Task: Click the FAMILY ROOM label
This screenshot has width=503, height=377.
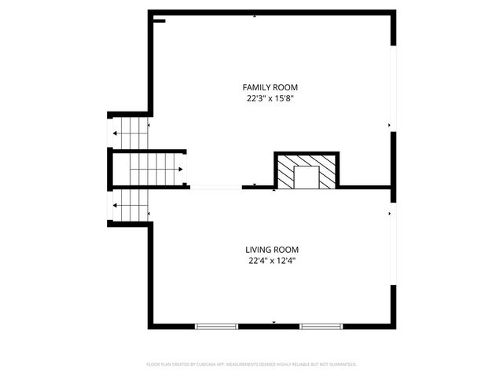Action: pos(270,87)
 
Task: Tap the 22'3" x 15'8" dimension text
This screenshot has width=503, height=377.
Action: pos(270,98)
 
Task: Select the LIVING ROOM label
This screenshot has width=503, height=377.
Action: pos(271,250)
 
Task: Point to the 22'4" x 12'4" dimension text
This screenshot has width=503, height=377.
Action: pos(271,261)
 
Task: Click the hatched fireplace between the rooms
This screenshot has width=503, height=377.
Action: pos(306,170)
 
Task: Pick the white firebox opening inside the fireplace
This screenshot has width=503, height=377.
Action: pos(307,178)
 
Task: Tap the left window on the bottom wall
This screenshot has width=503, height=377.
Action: pos(216,326)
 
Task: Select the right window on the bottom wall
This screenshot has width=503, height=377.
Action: pos(321,326)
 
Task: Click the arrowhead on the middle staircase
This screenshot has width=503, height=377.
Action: pos(181,169)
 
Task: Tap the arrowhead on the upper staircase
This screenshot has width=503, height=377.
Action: pos(116,134)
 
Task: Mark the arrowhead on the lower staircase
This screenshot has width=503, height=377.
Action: pos(116,206)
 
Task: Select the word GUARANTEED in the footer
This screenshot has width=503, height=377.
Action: pos(341,364)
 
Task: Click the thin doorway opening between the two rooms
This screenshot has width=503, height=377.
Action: pos(215,187)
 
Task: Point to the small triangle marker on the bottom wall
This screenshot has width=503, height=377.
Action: pos(274,322)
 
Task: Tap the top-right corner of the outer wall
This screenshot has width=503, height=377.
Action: pos(393,13)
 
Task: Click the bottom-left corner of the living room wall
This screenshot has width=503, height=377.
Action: pos(150,326)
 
